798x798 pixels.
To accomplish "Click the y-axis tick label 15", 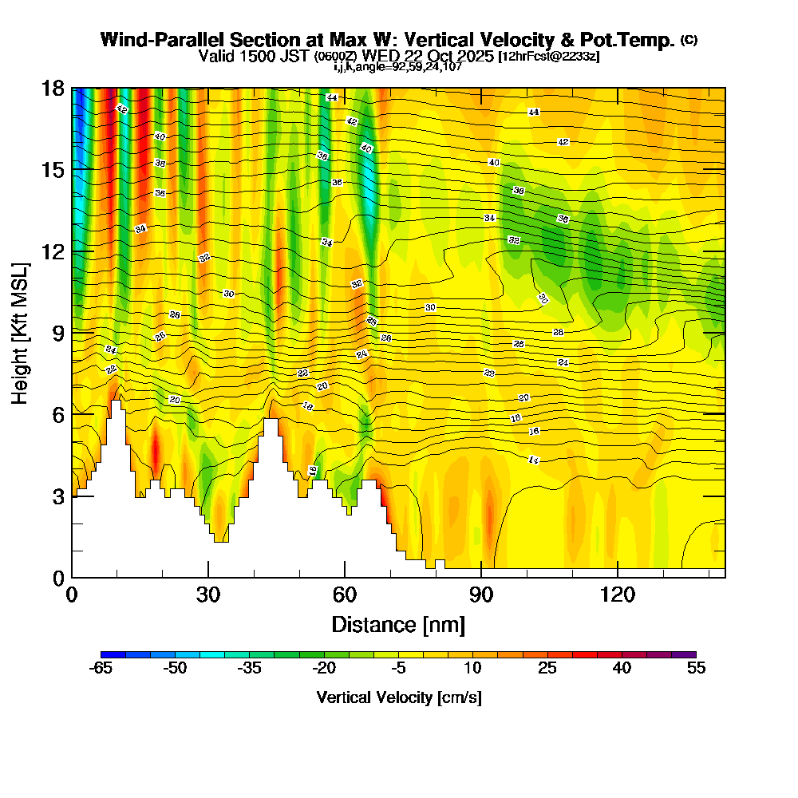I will pos(53,171).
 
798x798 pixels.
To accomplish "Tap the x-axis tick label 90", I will pos(481,595).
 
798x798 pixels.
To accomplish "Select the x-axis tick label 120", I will pos(618,595).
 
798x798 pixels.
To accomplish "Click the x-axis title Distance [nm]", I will pos(398,623).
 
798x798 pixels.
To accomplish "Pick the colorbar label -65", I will pos(101,669).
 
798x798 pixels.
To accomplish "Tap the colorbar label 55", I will pos(696,669).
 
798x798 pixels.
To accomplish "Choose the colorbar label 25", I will pos(547,669).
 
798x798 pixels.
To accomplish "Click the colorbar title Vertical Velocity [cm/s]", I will pos(398,697).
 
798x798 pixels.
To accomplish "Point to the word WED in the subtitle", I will pos(381,56).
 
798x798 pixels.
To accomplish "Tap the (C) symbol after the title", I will pos(689,39).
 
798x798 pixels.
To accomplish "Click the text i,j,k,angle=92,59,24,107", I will pos(398,66).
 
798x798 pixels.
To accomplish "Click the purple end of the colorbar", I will pos(689,654).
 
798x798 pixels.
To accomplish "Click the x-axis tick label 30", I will pos(208,595).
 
